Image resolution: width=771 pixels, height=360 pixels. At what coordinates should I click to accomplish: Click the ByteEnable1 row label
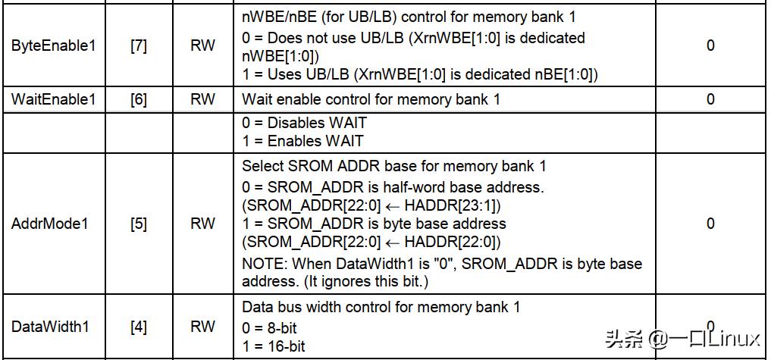tap(54, 45)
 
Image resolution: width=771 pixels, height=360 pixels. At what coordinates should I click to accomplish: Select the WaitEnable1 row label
tap(54, 99)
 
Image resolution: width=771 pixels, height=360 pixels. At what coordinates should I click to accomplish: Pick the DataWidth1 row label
tap(50, 327)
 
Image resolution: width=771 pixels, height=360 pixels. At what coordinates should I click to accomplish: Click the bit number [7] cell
tap(139, 45)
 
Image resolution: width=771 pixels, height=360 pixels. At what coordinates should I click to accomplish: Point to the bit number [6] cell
tap(139, 99)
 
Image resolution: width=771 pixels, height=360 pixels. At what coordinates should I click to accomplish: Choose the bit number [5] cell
tap(139, 224)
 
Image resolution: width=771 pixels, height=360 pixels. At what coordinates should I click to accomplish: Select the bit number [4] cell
tap(139, 327)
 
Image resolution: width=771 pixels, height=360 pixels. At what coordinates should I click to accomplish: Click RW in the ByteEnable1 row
tap(202, 45)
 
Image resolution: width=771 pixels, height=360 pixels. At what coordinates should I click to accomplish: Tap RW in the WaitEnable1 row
tap(202, 99)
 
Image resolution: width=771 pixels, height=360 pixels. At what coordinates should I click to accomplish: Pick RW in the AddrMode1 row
tap(202, 224)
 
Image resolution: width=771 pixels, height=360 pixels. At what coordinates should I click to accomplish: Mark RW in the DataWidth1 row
tap(202, 327)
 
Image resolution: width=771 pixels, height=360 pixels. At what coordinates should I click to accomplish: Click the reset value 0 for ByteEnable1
tap(710, 45)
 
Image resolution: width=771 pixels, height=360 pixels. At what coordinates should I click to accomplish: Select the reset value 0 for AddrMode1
tap(710, 224)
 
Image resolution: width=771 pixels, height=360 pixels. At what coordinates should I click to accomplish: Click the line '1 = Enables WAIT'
tap(302, 140)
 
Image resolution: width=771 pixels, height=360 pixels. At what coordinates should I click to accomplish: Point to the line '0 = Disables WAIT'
tap(304, 123)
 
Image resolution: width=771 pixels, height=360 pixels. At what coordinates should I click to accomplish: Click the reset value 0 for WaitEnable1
tap(710, 99)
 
